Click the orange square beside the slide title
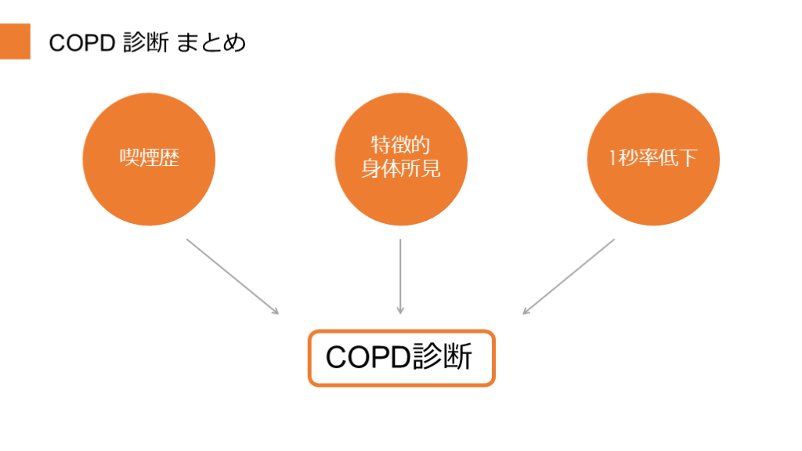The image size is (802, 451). pos(15,41)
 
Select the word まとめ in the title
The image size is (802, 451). pos(211,42)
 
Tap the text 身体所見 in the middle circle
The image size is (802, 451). pos(401,169)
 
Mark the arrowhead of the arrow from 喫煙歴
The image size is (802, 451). pos(275,311)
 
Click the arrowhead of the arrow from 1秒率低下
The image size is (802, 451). pos(526,311)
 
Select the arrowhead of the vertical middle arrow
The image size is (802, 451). pos(400,310)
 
